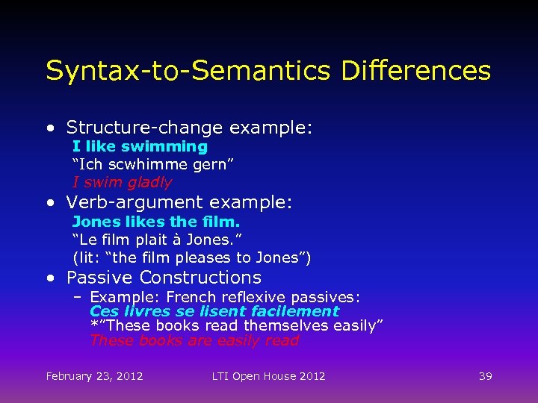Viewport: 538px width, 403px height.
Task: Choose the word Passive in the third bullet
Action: (x=101, y=278)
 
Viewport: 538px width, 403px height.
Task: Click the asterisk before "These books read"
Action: (x=93, y=325)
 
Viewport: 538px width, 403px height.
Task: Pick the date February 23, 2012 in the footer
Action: (x=94, y=376)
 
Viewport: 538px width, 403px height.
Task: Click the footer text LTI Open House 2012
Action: (x=268, y=376)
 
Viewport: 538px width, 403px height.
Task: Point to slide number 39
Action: (x=485, y=376)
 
